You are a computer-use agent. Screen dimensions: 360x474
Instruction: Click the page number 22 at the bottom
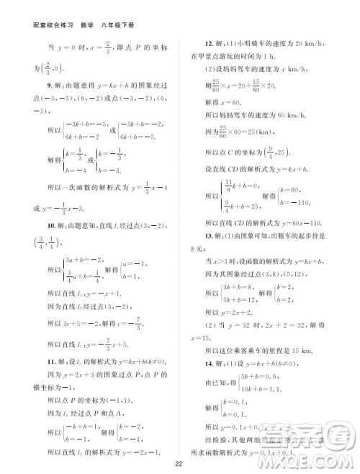179,462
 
